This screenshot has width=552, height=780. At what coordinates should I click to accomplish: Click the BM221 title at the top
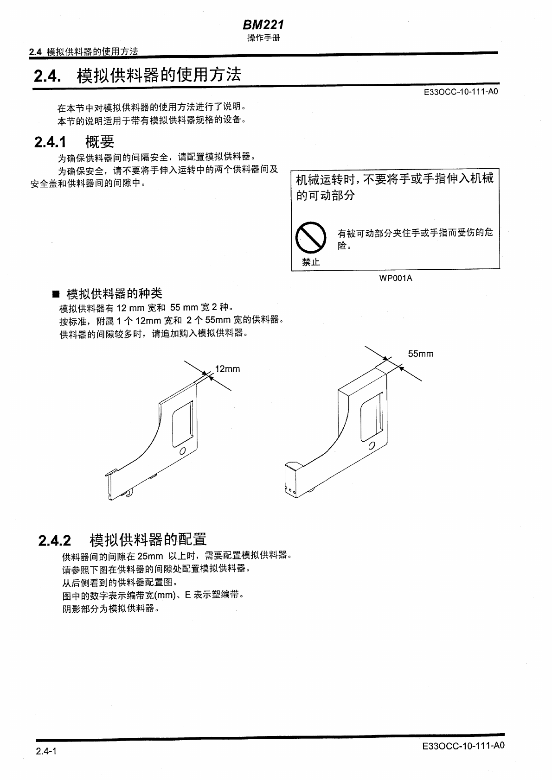click(263, 25)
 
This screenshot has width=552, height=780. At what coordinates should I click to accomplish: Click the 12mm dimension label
click(227, 369)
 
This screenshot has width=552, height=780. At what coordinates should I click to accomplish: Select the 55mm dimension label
click(420, 354)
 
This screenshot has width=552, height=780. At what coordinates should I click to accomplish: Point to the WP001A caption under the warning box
click(395, 278)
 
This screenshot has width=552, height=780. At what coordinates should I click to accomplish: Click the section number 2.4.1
click(50, 142)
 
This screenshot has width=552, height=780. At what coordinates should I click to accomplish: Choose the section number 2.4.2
click(55, 540)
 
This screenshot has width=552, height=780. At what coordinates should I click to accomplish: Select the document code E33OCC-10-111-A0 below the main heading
click(461, 92)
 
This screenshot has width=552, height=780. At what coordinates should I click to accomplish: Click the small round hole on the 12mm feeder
click(182, 451)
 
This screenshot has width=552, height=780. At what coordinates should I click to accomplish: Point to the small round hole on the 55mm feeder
click(371, 446)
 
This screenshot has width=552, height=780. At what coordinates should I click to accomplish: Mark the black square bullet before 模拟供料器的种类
click(56, 294)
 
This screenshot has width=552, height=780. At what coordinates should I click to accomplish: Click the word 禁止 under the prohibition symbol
click(310, 262)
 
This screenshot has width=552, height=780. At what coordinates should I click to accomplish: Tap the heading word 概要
click(100, 142)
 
